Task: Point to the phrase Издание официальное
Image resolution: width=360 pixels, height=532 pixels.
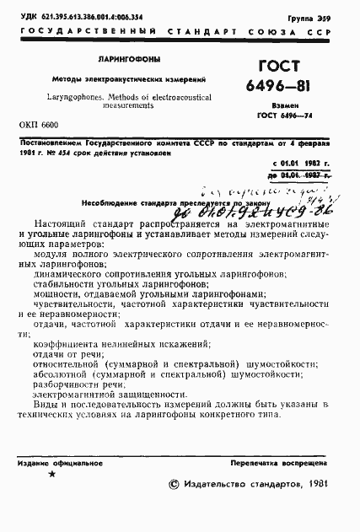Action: pyautogui.click(x=54, y=464)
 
